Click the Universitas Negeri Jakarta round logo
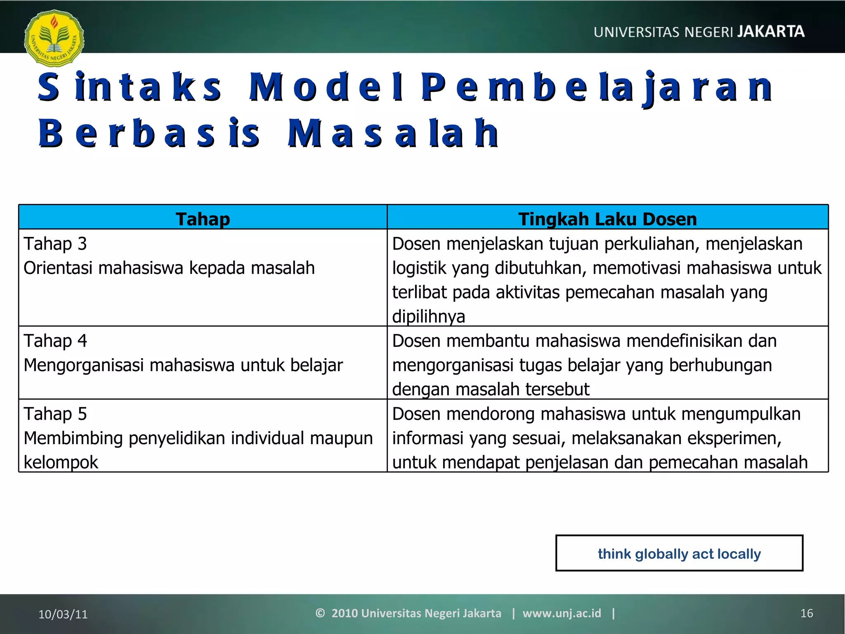tap(54, 38)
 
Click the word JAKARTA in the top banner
tap(770, 32)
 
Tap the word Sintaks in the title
tap(130, 87)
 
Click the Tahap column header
tap(203, 219)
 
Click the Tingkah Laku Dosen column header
tap(607, 219)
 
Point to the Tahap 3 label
tap(55, 244)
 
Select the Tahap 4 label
tap(55, 341)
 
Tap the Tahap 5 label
tap(55, 414)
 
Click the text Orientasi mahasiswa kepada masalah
tap(169, 268)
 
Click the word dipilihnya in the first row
tap(428, 317)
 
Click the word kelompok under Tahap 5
tap(61, 462)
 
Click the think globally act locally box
tap(679, 554)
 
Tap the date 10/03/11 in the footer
tap(63, 614)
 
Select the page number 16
tap(807, 613)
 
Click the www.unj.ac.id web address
tap(562, 613)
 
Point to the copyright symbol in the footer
tap(320, 613)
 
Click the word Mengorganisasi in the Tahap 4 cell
tap(84, 365)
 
